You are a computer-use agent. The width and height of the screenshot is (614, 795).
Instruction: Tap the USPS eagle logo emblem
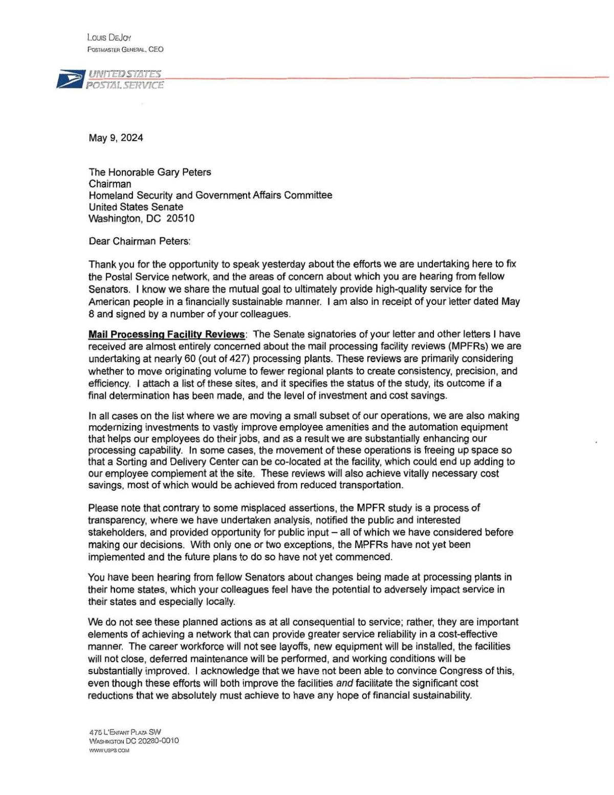[70, 79]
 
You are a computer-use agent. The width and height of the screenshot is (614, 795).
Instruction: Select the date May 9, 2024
[116, 138]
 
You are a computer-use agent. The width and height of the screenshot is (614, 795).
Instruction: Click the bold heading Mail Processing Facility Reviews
[166, 335]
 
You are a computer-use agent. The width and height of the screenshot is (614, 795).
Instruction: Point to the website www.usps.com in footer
[109, 750]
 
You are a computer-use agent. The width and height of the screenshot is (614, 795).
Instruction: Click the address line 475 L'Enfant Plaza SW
[125, 732]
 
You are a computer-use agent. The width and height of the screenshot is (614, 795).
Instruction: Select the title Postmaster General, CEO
[125, 49]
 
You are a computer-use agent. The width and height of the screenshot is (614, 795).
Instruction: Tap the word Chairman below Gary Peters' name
[109, 184]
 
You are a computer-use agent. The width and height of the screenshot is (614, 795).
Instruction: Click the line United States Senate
[136, 207]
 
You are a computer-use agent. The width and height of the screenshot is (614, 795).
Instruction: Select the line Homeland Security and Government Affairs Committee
[210, 195]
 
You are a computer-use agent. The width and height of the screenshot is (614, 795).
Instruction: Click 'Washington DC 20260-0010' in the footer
[134, 741]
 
